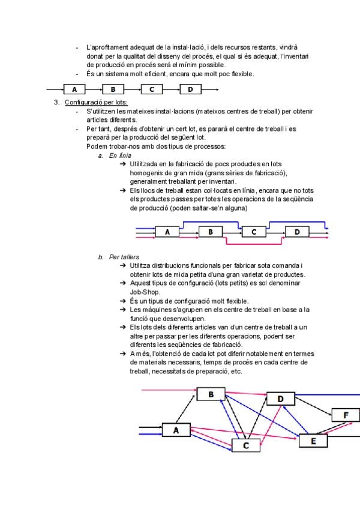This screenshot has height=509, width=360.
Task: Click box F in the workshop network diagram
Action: [x=346, y=415]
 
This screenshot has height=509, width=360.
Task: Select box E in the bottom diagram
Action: [x=312, y=441]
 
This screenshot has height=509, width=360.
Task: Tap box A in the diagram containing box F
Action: [x=176, y=430]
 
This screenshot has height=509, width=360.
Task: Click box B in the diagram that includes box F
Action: [x=211, y=394]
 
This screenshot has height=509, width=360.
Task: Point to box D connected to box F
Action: [x=281, y=399]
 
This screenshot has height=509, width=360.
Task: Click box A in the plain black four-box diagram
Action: [x=74, y=89]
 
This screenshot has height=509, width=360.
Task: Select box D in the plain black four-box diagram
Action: [x=190, y=89]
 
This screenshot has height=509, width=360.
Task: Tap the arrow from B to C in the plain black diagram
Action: [x=132, y=89]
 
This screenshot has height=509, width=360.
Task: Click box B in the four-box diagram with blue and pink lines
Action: [x=211, y=231]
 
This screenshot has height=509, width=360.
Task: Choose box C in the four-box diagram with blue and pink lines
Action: [x=254, y=231]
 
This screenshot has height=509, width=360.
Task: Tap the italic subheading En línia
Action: [x=120, y=155]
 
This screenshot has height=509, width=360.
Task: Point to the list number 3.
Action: [x=56, y=103]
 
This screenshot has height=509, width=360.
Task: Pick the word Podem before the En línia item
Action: [x=96, y=146]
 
